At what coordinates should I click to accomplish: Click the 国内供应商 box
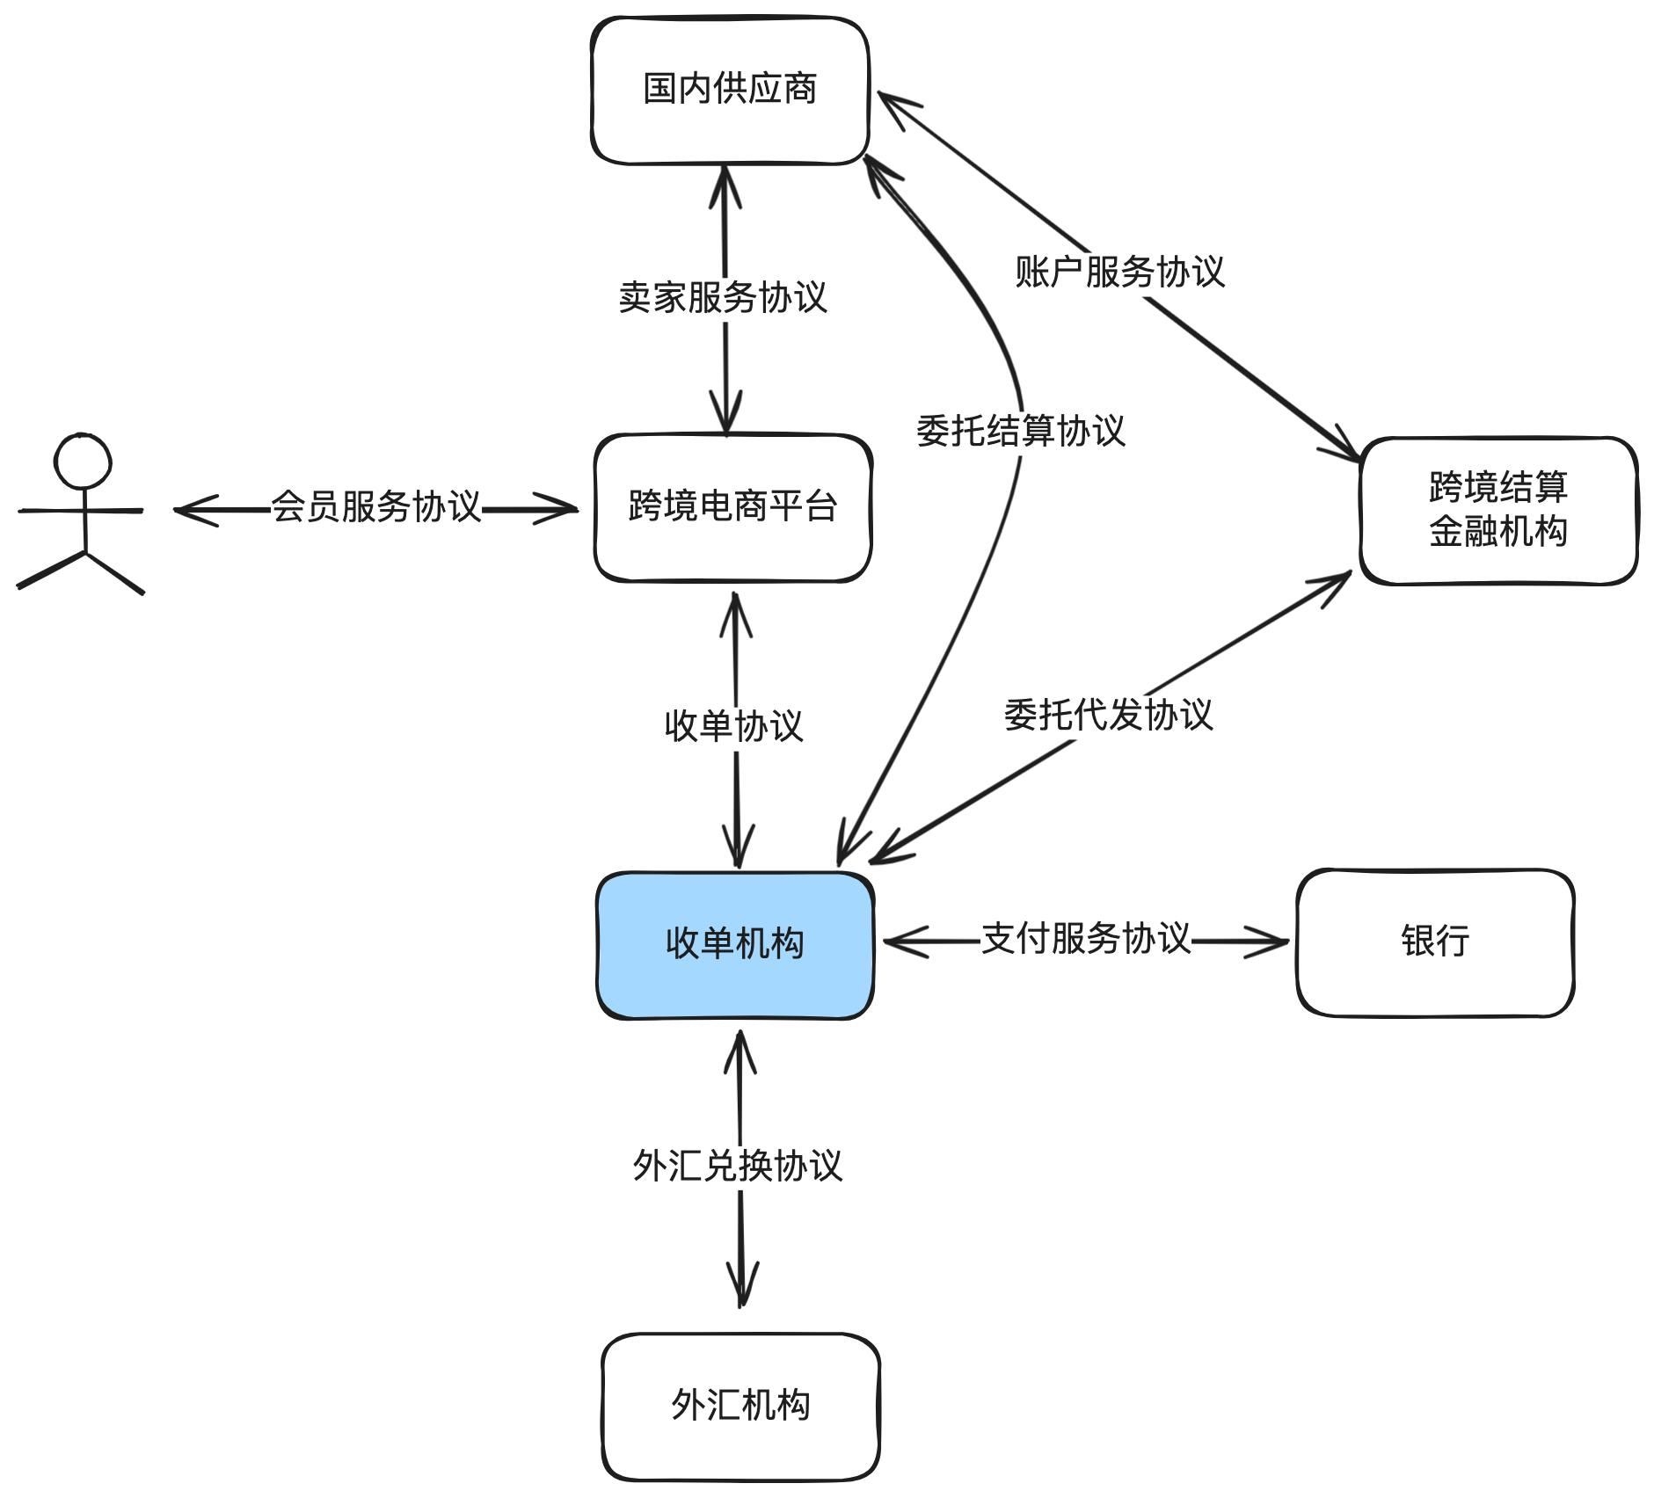(x=730, y=90)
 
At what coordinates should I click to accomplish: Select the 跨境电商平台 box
(x=732, y=507)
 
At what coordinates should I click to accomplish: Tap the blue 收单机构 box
(x=735, y=945)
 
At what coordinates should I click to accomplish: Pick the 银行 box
(x=1435, y=942)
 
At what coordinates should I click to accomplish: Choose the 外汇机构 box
(x=740, y=1406)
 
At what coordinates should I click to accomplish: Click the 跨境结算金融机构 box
(x=1498, y=510)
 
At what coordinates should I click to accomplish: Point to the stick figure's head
(x=83, y=461)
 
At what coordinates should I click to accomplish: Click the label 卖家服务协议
(x=723, y=298)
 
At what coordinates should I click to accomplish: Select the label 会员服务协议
(x=376, y=507)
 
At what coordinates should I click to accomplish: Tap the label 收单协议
(x=734, y=726)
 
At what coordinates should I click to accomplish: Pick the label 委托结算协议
(x=1021, y=432)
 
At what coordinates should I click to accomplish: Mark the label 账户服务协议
(x=1119, y=273)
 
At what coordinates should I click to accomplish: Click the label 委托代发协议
(x=1109, y=715)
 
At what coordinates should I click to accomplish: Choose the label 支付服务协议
(x=1086, y=939)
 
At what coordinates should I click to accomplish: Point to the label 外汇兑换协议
(x=738, y=1167)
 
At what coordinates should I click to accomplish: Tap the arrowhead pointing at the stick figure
(x=189, y=509)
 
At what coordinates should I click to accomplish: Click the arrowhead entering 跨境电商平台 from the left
(x=563, y=508)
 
